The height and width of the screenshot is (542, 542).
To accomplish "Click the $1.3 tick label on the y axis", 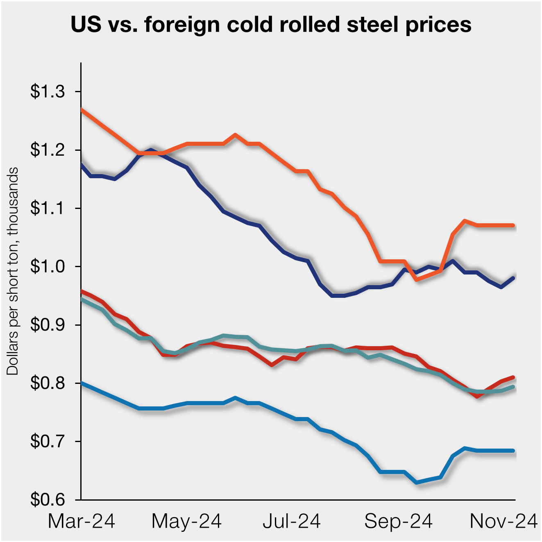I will pos(48,91).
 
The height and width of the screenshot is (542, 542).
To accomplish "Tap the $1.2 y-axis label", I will pos(48,150).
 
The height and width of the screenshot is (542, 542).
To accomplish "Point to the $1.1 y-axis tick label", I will pos(48,208).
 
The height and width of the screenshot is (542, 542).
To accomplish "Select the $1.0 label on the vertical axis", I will pos(48,267).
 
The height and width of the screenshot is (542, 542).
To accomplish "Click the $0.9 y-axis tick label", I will pos(48,325).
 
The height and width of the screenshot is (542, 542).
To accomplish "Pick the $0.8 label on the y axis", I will pos(48,383).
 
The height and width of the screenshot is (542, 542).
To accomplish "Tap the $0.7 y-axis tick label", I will pos(48,442).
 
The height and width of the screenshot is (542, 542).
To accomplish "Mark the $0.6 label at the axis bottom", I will pos(48,500).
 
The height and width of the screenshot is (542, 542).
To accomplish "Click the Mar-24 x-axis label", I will pos(82,522).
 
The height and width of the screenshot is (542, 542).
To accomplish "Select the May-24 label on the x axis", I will pos(186,522).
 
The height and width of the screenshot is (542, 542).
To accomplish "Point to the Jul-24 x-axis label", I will pos(292,522).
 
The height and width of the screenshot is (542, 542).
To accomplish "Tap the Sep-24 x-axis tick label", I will pos(398,522).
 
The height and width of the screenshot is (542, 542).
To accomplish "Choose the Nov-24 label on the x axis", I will pos(503,522).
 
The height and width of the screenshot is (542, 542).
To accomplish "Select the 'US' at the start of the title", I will pos(86,25).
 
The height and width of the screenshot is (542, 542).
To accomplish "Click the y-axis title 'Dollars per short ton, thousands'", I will pos(13,271).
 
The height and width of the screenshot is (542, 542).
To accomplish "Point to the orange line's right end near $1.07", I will pos(513,225).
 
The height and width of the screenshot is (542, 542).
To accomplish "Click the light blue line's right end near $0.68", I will pos(513,451).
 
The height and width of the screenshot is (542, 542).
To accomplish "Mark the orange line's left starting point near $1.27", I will pos(82,109).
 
